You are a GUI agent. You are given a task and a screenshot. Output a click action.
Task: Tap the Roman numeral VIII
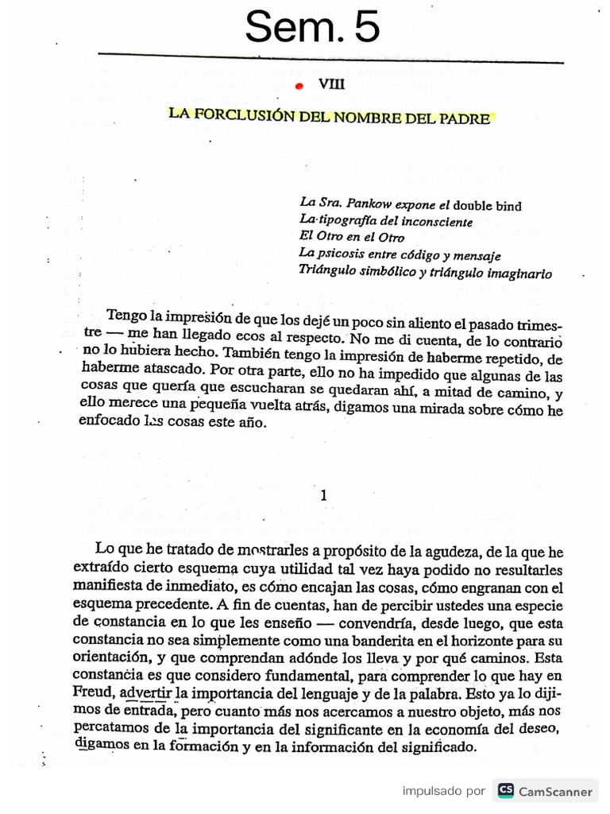click(x=331, y=87)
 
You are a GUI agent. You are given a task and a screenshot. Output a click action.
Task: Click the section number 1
click(x=322, y=495)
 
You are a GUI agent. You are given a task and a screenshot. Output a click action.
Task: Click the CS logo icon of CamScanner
click(x=505, y=790)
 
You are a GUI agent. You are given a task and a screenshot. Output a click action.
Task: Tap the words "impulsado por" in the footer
click(x=443, y=790)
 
